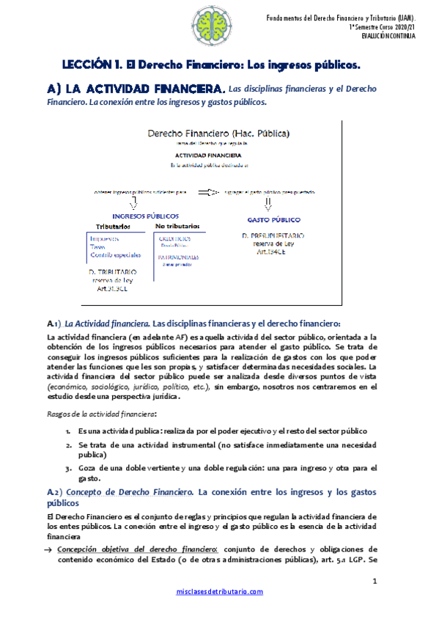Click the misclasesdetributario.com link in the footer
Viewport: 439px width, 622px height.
(x=219, y=591)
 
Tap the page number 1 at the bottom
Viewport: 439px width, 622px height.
(x=374, y=582)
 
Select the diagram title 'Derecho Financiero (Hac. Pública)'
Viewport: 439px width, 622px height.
(x=218, y=133)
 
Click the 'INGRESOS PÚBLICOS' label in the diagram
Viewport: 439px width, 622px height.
(x=145, y=216)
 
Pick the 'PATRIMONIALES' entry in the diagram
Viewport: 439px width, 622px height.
(x=177, y=257)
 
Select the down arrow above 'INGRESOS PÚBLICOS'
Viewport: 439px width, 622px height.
(x=133, y=203)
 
